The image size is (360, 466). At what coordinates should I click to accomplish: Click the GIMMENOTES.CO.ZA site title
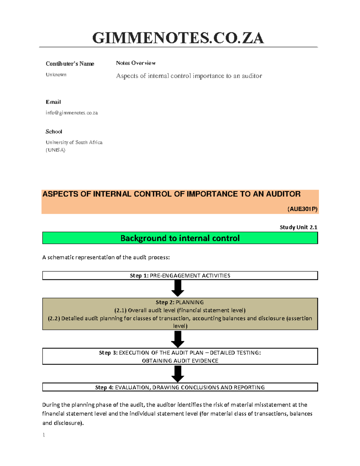pos(178,38)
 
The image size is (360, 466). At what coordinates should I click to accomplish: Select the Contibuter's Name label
pos(70,64)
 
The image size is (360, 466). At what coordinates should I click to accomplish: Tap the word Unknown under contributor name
pos(56,75)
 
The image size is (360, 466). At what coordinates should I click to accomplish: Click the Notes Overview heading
pos(136,63)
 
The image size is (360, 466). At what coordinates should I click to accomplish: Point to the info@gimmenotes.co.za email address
pos(72,113)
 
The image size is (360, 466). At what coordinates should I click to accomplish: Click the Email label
pos(53,102)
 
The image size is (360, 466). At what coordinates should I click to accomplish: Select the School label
pos(54,131)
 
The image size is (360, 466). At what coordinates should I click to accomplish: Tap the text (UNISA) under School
pos(55,150)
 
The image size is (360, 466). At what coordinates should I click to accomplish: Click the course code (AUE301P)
pos(302,209)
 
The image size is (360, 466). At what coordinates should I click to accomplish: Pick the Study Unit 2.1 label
pos(298,227)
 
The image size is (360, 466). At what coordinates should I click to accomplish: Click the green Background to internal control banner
pos(180,238)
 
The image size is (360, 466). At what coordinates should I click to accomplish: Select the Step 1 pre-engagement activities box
pos(180,275)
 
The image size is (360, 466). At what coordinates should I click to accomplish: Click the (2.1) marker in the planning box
pos(120,310)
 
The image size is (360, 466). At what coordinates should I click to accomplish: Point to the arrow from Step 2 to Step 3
pos(178,339)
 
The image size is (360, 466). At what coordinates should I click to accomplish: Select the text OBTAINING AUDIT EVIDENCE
pos(180,361)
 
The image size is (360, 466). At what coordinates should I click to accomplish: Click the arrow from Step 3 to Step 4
pos(178,374)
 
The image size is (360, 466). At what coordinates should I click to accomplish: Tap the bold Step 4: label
pos(104,387)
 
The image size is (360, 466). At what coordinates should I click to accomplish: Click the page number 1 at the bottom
pos(44,435)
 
